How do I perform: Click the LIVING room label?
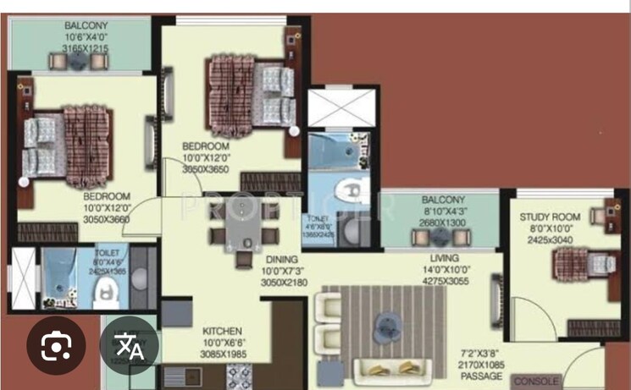[x=444, y=258]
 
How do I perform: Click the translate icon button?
[x=129, y=345]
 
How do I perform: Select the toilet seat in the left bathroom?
[x=105, y=293]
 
